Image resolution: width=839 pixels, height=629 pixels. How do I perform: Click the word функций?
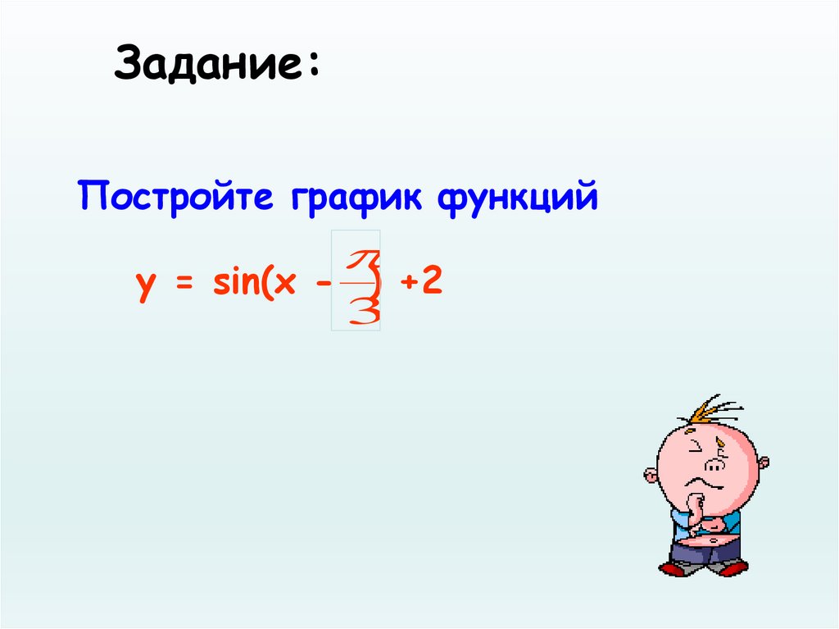[x=517, y=199]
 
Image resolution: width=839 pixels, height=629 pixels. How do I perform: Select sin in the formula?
[x=233, y=283]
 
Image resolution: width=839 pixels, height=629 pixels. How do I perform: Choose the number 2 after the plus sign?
[x=433, y=282]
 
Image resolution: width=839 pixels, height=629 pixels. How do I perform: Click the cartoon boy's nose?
[x=714, y=465]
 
